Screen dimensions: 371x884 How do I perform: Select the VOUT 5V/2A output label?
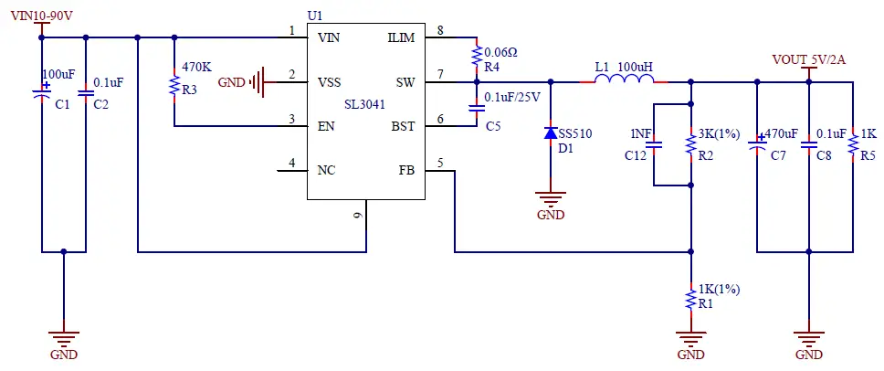tap(808, 60)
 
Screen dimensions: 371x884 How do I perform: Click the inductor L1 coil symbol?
tap(625, 81)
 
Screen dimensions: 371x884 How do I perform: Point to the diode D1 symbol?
tap(550, 133)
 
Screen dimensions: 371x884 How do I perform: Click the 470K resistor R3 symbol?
tap(174, 86)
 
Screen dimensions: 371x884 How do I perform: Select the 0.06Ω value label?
tap(500, 52)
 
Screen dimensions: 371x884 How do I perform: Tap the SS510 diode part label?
tap(575, 133)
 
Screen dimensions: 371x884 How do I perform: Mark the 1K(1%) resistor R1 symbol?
tap(690, 299)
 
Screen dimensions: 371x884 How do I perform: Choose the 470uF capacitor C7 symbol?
tap(756, 144)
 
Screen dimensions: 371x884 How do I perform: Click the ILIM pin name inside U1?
tap(401, 37)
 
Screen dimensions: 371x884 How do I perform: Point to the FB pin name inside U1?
tap(406, 170)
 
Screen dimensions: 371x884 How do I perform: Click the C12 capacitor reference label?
tap(636, 156)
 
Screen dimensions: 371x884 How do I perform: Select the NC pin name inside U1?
tap(326, 170)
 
